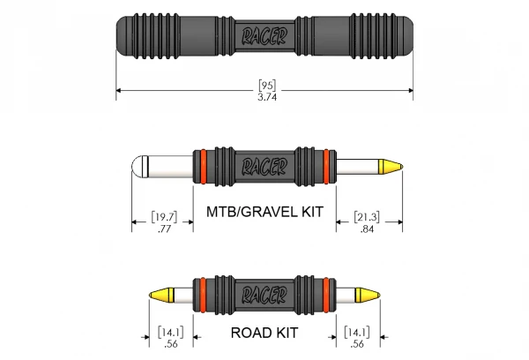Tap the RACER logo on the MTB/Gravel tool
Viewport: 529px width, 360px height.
point(264,165)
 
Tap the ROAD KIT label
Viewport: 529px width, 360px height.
point(264,334)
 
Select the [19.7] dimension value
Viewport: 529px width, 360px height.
point(162,217)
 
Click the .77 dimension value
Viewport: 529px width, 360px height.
point(162,229)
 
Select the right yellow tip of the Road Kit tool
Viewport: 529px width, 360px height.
point(366,294)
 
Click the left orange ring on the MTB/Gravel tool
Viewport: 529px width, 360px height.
point(201,166)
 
